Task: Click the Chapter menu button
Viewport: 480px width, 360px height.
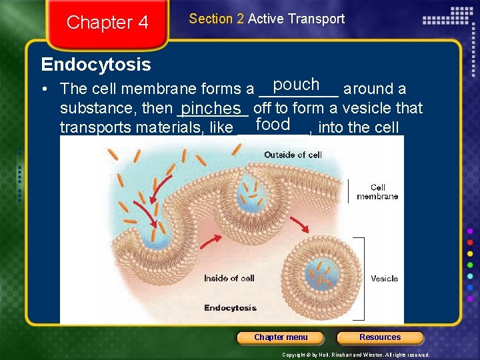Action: (x=281, y=337)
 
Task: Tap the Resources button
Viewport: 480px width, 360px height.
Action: (x=380, y=337)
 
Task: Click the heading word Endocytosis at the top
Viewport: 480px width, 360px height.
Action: (x=96, y=65)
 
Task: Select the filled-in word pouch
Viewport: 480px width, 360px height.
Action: (x=297, y=85)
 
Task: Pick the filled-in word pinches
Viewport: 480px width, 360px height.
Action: (x=210, y=108)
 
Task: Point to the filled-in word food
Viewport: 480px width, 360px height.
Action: (x=273, y=125)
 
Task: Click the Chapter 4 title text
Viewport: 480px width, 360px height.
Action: (x=107, y=23)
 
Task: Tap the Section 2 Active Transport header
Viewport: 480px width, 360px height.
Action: (x=267, y=19)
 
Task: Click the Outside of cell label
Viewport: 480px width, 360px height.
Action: (x=293, y=155)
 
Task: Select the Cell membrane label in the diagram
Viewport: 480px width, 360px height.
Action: (x=377, y=192)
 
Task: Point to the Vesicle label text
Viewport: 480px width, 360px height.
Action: (x=384, y=279)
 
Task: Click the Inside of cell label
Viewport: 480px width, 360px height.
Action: (x=229, y=278)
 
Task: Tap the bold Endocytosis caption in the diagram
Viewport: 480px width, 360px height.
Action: (x=230, y=308)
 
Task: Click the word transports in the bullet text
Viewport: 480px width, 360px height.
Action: (x=93, y=127)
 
